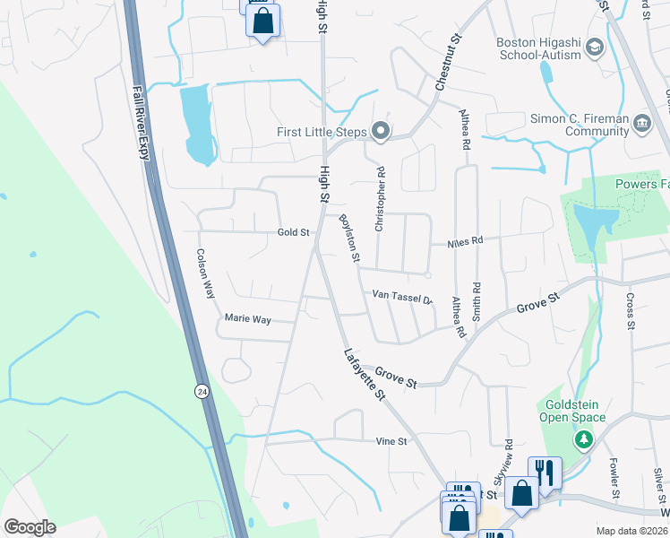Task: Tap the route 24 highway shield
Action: click(x=202, y=391)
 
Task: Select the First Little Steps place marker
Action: click(x=381, y=132)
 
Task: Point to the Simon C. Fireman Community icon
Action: click(x=641, y=123)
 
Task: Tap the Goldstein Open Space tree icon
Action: click(x=584, y=439)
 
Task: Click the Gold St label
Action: click(x=293, y=232)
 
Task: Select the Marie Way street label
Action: click(x=247, y=318)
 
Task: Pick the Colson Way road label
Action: click(x=207, y=273)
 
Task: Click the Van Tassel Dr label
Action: click(x=402, y=295)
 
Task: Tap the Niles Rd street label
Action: click(x=465, y=241)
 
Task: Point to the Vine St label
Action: click(x=391, y=441)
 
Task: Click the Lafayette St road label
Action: click(x=365, y=374)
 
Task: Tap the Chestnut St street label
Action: click(x=448, y=62)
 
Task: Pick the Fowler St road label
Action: click(x=615, y=479)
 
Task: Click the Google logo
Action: click(x=30, y=527)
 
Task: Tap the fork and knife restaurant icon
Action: click(x=545, y=470)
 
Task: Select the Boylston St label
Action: click(x=348, y=239)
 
